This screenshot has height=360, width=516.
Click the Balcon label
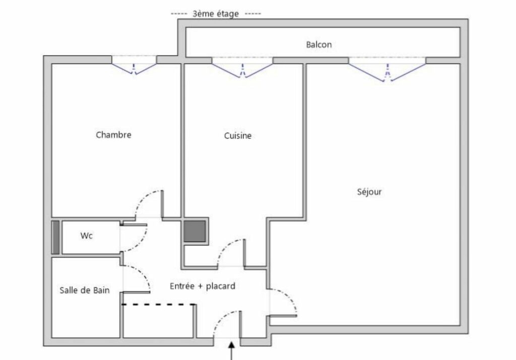(x=318, y=44)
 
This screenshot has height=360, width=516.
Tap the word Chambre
(x=113, y=135)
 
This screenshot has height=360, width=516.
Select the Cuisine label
(x=238, y=135)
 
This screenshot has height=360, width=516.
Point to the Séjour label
(x=369, y=192)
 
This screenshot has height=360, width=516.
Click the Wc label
(x=86, y=236)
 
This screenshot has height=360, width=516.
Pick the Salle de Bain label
(x=85, y=290)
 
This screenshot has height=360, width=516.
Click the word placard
(x=221, y=286)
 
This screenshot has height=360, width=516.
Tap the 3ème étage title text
(x=216, y=14)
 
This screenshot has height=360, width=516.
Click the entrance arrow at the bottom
(x=232, y=350)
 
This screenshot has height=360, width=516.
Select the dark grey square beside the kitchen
(x=195, y=231)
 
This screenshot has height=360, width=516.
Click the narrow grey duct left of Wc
(x=55, y=237)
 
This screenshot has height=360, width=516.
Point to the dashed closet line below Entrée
(x=158, y=305)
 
